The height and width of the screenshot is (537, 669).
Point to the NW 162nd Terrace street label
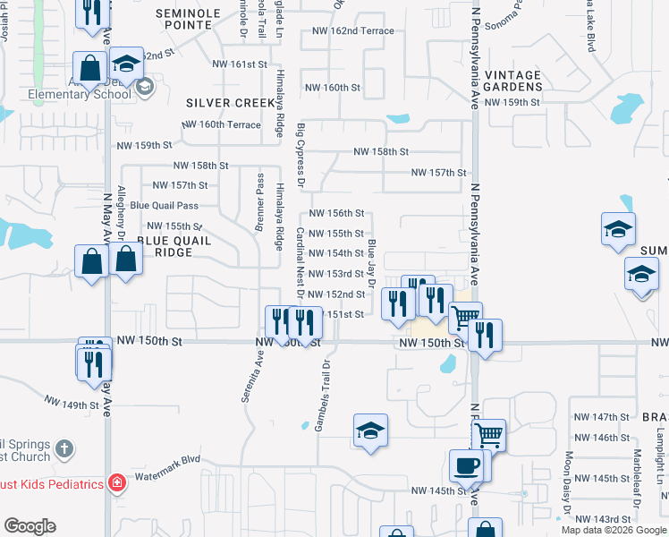[352, 31]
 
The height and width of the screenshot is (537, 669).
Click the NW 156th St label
[336, 213]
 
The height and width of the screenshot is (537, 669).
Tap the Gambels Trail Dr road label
[323, 396]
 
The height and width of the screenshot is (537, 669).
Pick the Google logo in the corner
[29, 526]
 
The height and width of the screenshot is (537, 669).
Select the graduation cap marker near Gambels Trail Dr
[370, 430]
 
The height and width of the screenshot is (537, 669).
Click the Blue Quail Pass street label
[164, 206]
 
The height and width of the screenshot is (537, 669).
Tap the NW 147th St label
[602, 417]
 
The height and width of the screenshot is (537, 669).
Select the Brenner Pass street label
[259, 200]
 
